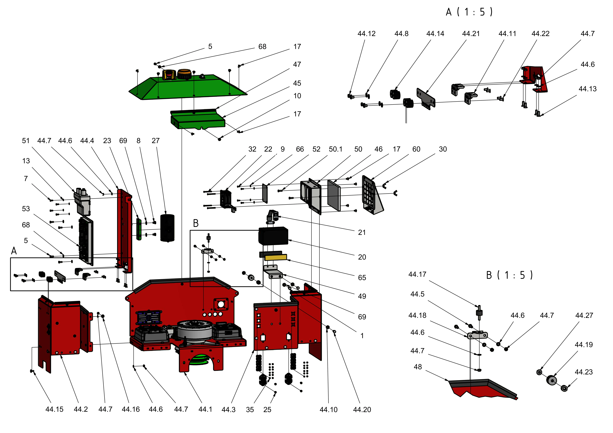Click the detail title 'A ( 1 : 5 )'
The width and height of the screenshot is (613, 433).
(469, 12)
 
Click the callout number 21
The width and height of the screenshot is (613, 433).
(362, 232)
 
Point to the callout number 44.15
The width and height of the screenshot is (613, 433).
(54, 409)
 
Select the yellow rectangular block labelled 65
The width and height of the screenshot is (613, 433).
(276, 257)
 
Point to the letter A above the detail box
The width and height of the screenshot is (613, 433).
(14, 251)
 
